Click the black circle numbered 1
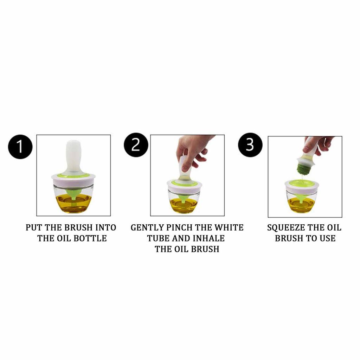(x=20, y=147)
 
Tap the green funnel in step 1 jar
(x=73, y=193)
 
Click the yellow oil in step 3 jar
(x=302, y=206)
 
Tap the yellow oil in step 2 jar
(x=184, y=206)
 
